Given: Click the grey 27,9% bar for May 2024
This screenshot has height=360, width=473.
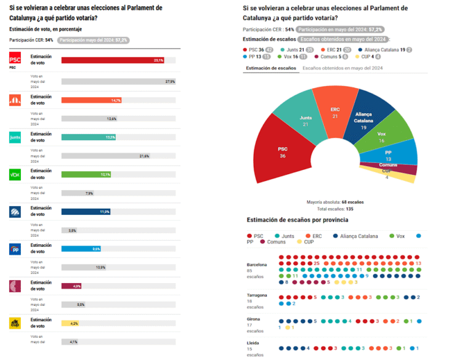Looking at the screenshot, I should (119, 81).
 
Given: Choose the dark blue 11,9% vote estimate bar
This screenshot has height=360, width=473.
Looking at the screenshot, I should (86, 212).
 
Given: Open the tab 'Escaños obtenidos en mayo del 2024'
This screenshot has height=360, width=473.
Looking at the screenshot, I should (342, 68).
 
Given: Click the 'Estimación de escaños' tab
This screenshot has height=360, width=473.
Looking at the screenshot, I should (270, 68).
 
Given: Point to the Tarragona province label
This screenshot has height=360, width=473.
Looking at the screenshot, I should (257, 295).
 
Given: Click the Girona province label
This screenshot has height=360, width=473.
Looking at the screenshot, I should (253, 319).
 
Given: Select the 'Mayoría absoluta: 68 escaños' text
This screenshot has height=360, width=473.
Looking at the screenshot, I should (335, 202).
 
